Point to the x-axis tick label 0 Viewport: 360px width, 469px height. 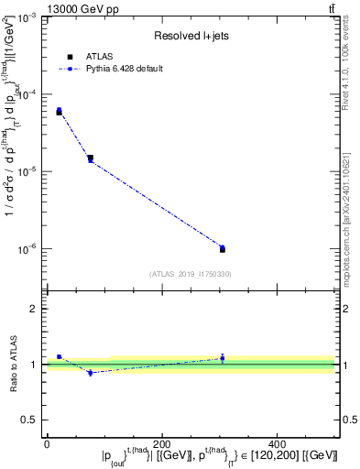coord(47,444)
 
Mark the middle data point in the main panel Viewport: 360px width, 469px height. coord(90,159)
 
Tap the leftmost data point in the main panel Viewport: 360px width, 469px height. coord(59,112)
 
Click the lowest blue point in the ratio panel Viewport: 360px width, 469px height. coord(90,373)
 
